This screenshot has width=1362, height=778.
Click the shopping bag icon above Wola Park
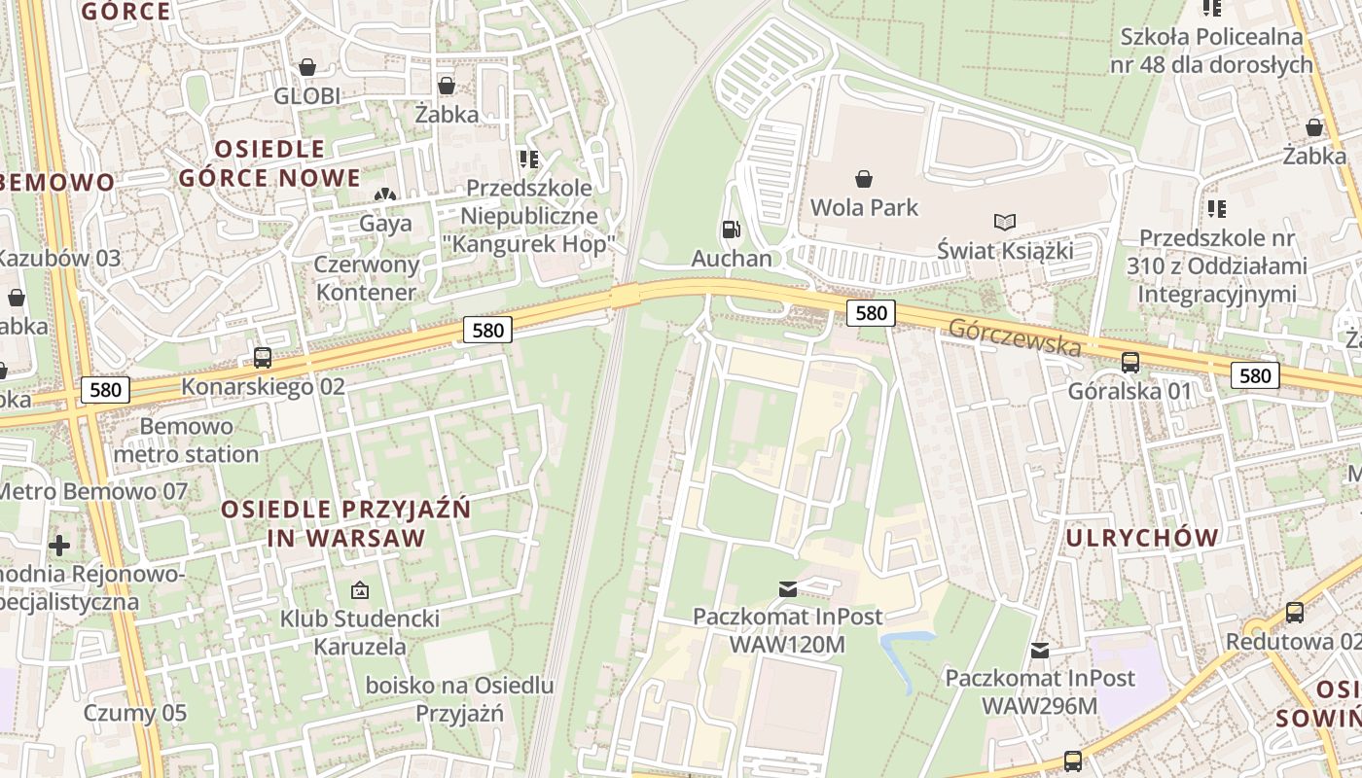pyautogui.click(x=863, y=179)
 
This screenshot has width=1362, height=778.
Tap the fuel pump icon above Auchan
pyautogui.click(x=731, y=230)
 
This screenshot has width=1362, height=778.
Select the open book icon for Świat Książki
pyautogui.click(x=1005, y=223)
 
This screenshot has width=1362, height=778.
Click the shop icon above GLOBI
pyautogui.click(x=307, y=67)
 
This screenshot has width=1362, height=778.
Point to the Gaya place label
pyautogui.click(x=386, y=224)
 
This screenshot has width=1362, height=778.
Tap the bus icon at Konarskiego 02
pyautogui.click(x=263, y=358)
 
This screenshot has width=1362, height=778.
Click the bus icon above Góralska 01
pyautogui.click(x=1129, y=363)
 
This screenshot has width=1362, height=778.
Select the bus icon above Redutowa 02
pyautogui.click(x=1294, y=613)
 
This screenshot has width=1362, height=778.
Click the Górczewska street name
pyautogui.click(x=1016, y=336)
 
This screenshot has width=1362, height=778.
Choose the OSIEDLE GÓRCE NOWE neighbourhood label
pyautogui.click(x=269, y=163)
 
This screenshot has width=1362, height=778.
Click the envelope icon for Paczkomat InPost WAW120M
pyautogui.click(x=787, y=588)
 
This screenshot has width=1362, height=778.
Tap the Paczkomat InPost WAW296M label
pyautogui.click(x=1040, y=691)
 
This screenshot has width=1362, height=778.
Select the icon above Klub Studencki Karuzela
pyautogui.click(x=359, y=590)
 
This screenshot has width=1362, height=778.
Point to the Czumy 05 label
pyautogui.click(x=134, y=713)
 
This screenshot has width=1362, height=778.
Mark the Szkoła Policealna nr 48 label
pyautogui.click(x=1211, y=51)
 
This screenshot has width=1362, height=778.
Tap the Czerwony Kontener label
pyautogui.click(x=367, y=278)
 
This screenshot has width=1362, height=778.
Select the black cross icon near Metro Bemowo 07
pyautogui.click(x=59, y=545)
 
